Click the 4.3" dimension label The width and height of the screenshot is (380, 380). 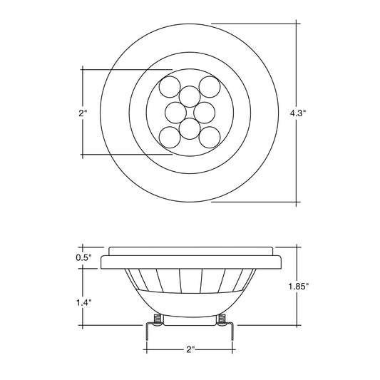coord(298,113)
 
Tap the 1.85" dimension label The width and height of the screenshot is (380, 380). coord(298,287)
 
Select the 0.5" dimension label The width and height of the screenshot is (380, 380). coord(84,257)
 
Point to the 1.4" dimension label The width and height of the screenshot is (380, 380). coord(84,302)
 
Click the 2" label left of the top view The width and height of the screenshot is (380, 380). coord(83,113)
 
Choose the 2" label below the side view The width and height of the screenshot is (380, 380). coord(191,349)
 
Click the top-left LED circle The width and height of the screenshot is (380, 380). coord(170,87)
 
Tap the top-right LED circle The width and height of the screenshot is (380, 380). coord(210,87)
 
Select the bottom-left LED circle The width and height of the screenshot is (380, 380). coord(170,137)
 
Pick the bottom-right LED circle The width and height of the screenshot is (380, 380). coord(210,137)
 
